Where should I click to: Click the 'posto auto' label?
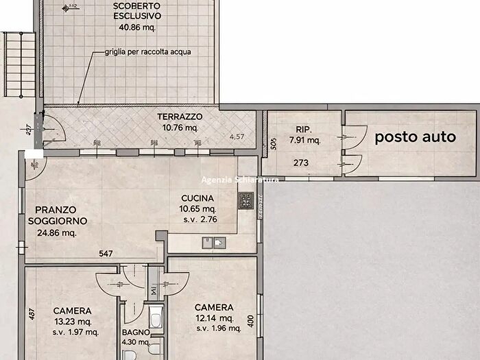pos(415,136)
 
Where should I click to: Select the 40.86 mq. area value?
pos(138,28)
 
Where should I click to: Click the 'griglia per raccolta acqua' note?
pos(148,52)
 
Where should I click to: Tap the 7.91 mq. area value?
pos(304,141)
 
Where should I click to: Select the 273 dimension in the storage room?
pos(301,163)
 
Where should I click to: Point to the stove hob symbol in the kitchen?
pos(246,201)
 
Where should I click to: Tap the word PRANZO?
pos(56,209)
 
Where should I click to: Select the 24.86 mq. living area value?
pos(57,232)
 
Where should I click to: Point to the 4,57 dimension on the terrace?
pos(237,136)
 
